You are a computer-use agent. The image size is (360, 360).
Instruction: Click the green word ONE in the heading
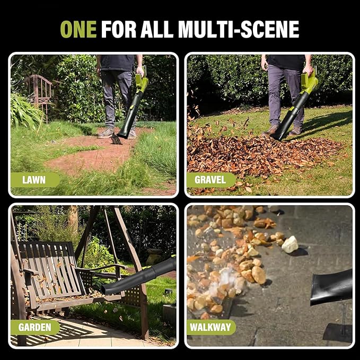78,29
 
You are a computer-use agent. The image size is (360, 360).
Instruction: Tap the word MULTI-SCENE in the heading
239,29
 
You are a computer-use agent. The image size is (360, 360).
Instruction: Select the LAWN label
34,180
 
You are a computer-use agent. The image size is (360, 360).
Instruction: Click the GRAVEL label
210,180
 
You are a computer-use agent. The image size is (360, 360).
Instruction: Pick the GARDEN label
35,327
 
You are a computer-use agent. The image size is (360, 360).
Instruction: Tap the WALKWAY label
210,327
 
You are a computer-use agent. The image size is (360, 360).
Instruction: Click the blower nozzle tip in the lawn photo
123,135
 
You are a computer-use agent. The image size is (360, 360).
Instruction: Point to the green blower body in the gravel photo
309,82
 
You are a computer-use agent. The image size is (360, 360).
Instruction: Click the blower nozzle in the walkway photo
331,287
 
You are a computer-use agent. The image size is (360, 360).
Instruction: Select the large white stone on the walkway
289,244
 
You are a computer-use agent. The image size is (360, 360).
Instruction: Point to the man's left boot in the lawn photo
106,133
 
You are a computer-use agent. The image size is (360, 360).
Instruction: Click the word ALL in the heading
157,29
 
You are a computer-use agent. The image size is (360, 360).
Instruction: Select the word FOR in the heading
119,29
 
